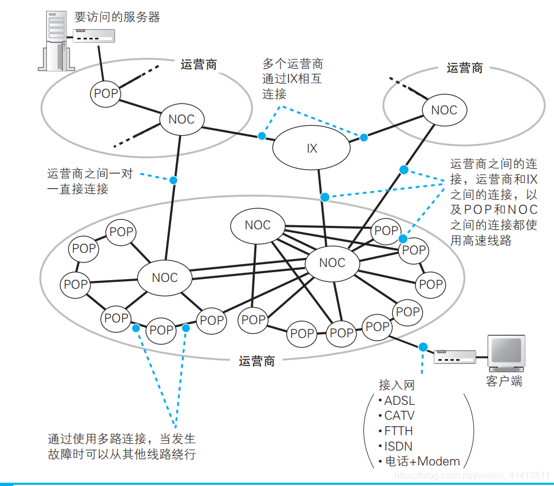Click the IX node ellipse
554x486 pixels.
pos(311,149)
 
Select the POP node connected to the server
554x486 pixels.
pos(105,94)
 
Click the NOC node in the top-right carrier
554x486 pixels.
pos(444,110)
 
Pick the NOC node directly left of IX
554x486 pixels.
pos(181,119)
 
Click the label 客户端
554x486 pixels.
pos(504,381)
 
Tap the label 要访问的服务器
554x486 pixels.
pos(117,17)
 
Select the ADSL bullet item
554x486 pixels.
pos(399,400)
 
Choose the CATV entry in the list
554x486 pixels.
pos(399,416)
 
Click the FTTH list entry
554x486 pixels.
pos(398,431)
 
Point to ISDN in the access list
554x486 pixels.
pos(398,446)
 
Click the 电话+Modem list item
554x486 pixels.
pos(422,461)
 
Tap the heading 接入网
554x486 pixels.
pos(396,385)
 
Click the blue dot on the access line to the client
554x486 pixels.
pos(423,347)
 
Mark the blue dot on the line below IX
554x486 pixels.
pos(325,197)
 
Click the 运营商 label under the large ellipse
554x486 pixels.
pos(257,361)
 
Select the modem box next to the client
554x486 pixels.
pos(456,357)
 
